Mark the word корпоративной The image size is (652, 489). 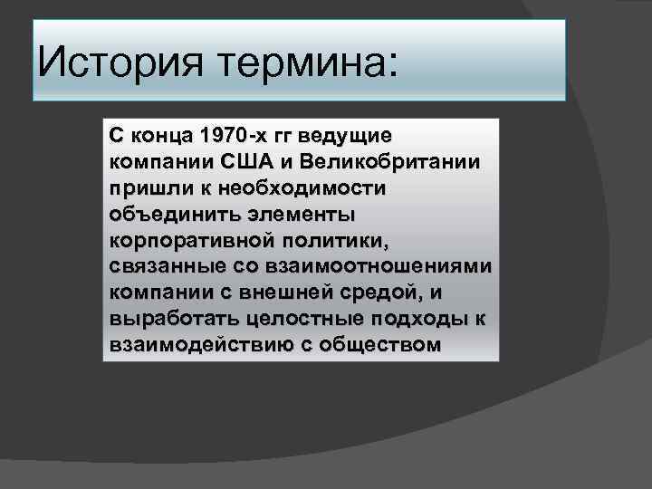coord(177,241)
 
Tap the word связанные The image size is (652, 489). coord(156,267)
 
